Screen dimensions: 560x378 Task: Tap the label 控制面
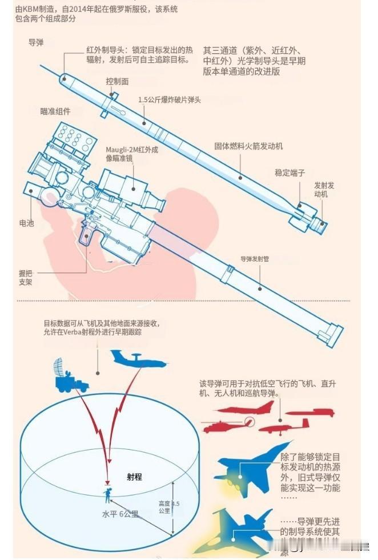117,81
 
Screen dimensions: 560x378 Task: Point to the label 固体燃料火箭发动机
248,146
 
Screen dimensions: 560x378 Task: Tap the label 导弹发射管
254,258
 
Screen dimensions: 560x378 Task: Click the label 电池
26,223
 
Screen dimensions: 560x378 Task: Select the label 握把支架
26,278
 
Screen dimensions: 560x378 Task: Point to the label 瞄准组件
55,111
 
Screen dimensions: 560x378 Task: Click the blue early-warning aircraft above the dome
138,360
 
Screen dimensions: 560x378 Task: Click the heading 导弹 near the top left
37,43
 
